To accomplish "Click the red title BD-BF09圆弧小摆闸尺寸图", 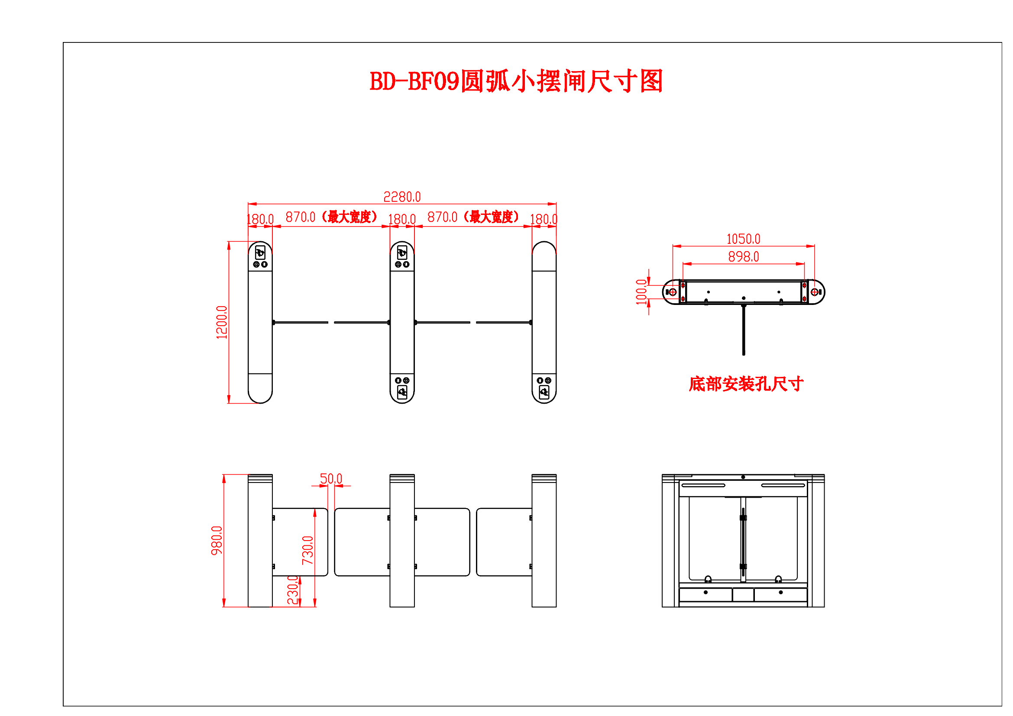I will tap(516, 81).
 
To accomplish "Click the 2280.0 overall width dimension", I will tap(402, 197).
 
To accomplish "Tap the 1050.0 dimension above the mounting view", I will tap(744, 239).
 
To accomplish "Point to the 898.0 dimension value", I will tap(744, 257).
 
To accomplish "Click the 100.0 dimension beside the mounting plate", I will tap(641, 292).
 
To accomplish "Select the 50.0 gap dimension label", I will tap(331, 479).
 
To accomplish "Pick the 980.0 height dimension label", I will tap(217, 541).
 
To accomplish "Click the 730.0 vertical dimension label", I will tap(307, 551).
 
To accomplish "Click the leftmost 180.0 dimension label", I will tap(260, 219).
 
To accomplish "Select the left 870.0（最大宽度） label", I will tap(332, 217).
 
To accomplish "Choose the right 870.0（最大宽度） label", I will tap(473, 217).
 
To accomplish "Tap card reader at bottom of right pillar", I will tap(544, 392).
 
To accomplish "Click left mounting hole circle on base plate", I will tap(673, 292).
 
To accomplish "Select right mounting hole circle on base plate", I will tap(815, 292).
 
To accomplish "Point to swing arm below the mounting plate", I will tap(744, 331).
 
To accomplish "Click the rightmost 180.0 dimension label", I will tap(544, 219).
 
